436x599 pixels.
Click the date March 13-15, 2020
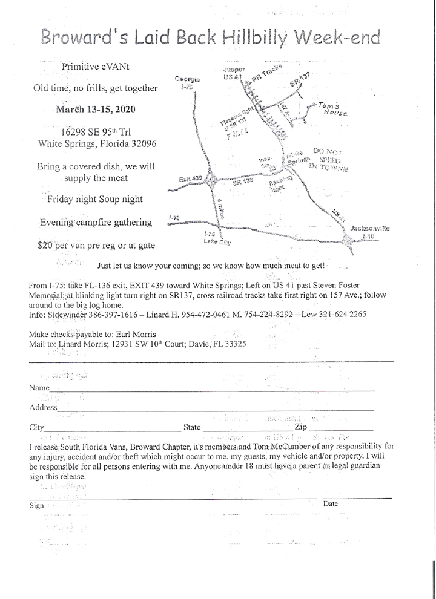tap(96, 110)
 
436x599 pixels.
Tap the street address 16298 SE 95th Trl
tap(96, 131)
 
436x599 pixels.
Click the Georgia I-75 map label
tap(187, 83)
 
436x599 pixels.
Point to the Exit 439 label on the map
tap(190, 179)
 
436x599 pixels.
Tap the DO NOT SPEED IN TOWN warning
tap(327, 158)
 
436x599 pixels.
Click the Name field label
tap(39, 387)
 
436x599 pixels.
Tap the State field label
tap(192, 427)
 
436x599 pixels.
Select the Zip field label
tap(301, 427)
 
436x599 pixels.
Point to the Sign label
tap(36, 506)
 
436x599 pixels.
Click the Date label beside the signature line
tap(330, 503)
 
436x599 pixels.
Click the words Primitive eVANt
tap(95, 66)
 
